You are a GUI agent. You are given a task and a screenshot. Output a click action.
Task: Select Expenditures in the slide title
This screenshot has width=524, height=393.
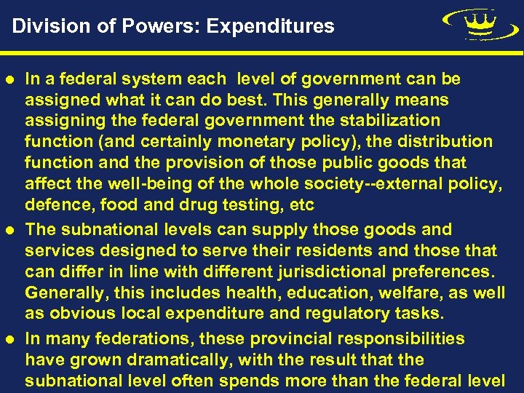[270, 27]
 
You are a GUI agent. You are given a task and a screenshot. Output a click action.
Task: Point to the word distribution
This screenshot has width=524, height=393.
[444, 141]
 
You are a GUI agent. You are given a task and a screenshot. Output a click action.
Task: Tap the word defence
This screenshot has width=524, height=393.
[54, 205]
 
